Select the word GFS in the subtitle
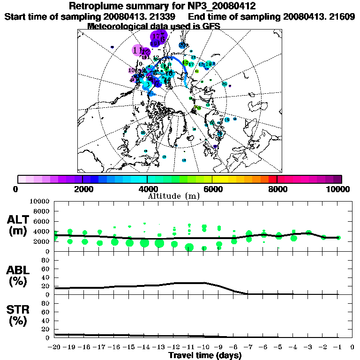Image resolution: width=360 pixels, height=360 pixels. coord(210,26)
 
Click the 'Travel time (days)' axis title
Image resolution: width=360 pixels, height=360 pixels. coord(205,355)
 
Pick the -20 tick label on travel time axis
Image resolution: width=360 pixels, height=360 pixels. coord(55,347)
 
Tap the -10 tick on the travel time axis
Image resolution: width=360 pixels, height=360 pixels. coord(204,347)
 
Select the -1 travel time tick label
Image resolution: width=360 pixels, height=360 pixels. coord(337,347)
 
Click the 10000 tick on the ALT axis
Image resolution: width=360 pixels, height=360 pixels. coord(39,202)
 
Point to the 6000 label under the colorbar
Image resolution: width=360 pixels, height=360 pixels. coord(213,189)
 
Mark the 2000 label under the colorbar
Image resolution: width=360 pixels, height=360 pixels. coord(83,189)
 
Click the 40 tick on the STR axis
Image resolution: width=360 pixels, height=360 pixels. coord(46,321)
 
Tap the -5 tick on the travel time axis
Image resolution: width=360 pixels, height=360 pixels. coord(278,347)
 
